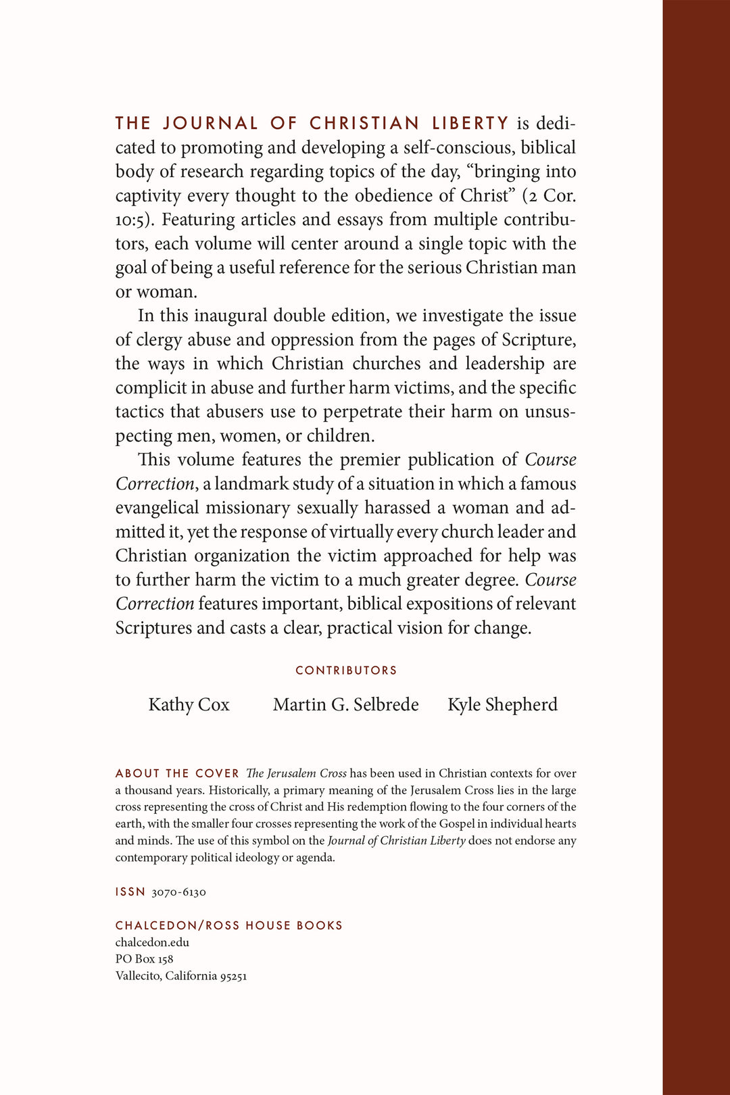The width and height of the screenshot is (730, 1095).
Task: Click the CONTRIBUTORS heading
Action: [x=346, y=671]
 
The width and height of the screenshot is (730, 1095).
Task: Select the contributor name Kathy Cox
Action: [x=189, y=704]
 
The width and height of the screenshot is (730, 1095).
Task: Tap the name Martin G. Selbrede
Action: [x=345, y=704]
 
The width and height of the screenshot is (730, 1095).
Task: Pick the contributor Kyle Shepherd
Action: [x=502, y=704]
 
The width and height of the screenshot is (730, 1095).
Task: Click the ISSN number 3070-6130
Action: [x=178, y=892]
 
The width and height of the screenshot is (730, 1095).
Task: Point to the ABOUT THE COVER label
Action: [x=177, y=773]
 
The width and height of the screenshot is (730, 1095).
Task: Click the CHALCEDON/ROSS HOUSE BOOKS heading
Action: [x=228, y=925]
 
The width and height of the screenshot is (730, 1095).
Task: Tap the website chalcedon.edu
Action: [x=152, y=942]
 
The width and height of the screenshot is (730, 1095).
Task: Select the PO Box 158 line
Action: [x=144, y=959]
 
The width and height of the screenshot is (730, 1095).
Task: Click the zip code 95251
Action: [x=233, y=976]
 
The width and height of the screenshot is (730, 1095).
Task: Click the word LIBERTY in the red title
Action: [x=470, y=123]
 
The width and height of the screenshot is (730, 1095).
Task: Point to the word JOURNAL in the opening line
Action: [x=210, y=123]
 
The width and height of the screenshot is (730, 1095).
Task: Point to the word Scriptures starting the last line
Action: [x=153, y=628]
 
